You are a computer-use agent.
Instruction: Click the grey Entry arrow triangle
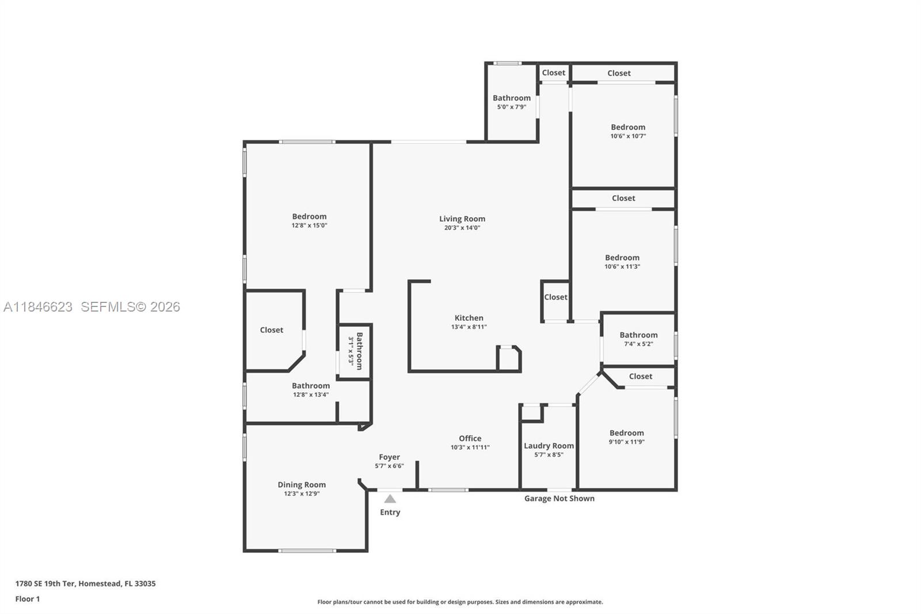click(390, 499)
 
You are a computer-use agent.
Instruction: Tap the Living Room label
click(462, 219)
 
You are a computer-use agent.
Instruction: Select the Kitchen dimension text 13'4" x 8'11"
click(469, 327)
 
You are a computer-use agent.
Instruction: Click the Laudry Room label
click(549, 446)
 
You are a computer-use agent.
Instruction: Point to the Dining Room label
click(302, 485)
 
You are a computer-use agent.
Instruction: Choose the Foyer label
click(389, 457)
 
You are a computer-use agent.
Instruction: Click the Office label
click(470, 438)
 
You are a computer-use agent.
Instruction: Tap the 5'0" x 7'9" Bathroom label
click(511, 98)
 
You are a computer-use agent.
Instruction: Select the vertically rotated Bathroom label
click(359, 351)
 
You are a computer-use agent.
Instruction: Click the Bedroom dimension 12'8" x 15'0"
click(309, 226)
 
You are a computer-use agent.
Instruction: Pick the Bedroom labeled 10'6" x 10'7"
click(628, 127)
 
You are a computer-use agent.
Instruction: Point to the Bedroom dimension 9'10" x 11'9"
click(626, 442)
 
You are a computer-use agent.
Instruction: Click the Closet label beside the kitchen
click(555, 297)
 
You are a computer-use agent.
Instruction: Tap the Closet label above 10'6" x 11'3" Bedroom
click(623, 198)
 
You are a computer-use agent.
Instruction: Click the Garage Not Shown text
click(559, 499)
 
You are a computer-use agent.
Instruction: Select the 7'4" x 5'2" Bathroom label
click(638, 335)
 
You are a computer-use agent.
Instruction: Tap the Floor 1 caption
click(28, 599)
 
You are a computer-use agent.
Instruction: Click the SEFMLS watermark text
click(130, 307)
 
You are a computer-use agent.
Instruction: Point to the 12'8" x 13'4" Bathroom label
click(310, 386)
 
